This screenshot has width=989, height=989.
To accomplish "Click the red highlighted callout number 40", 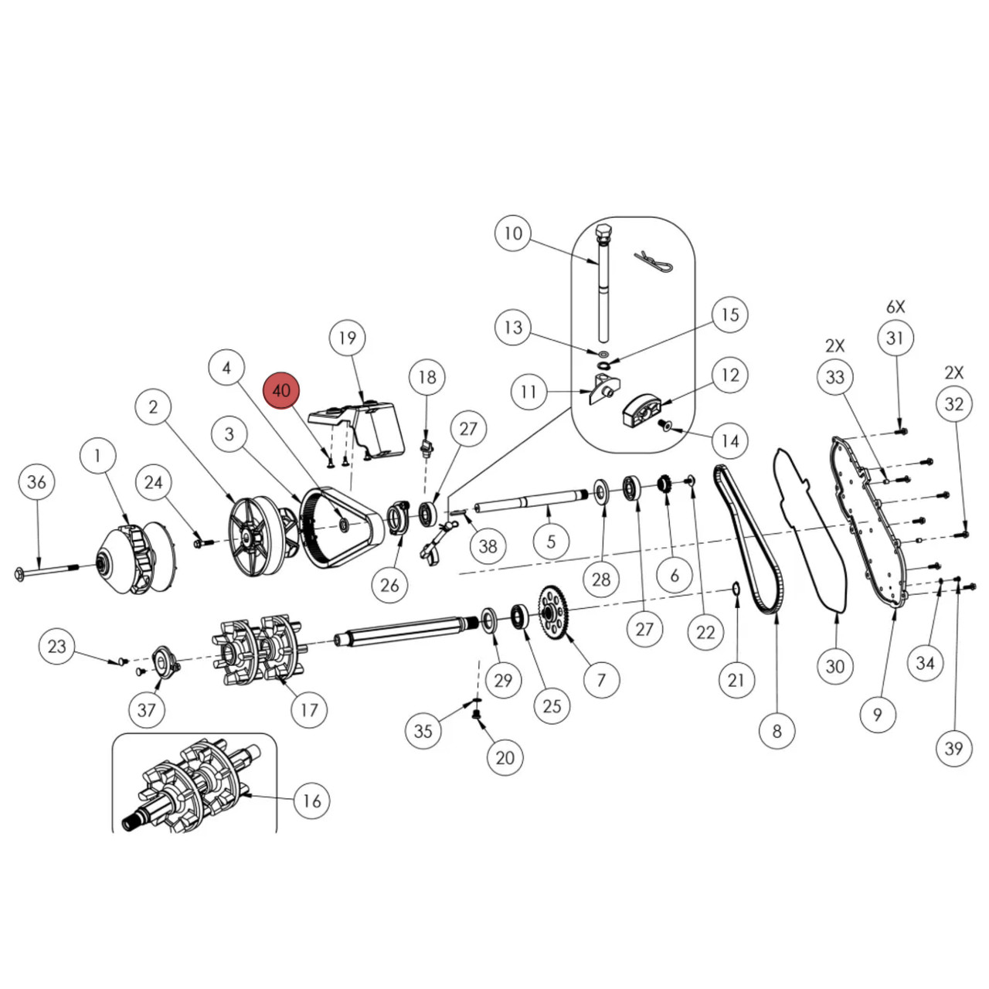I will point(281,390).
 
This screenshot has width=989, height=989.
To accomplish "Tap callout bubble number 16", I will point(311,800).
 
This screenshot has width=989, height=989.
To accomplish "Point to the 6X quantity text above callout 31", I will point(895,307).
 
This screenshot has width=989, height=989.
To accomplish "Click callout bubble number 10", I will point(513,233).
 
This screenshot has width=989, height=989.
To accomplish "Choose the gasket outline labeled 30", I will point(807,533).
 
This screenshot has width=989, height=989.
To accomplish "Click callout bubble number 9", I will point(877,713).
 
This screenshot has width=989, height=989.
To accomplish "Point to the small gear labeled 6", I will point(662,484).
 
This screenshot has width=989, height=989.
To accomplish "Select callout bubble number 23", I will point(57,646).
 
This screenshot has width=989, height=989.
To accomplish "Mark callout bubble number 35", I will point(423,731).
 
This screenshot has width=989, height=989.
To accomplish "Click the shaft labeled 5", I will point(533,505).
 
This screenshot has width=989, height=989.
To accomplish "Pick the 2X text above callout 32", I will point(953,372).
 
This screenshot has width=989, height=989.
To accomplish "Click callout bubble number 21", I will point(736,679).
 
